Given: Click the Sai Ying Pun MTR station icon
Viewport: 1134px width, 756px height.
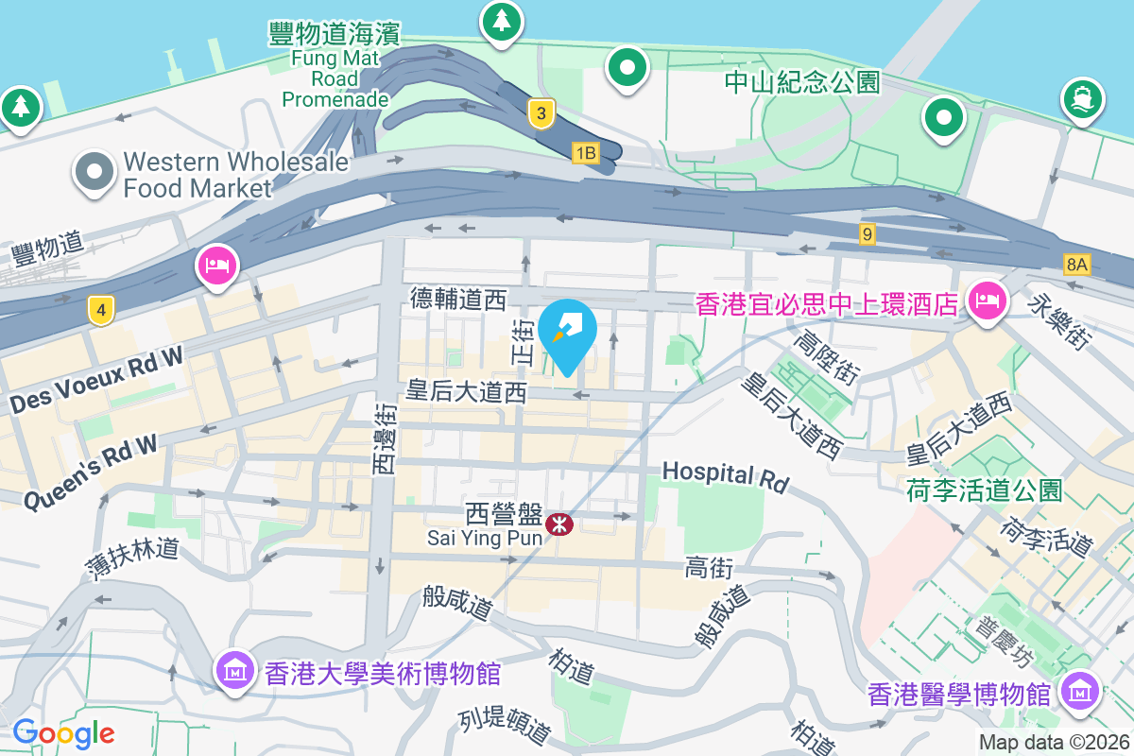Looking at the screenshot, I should (558, 523).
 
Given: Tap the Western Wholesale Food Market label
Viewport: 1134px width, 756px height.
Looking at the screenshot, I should (235, 175).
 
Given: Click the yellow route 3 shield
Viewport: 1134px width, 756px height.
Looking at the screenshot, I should (541, 114).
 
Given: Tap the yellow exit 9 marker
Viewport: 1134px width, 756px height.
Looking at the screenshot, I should (867, 232).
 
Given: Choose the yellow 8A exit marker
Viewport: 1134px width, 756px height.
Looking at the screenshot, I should (1076, 264).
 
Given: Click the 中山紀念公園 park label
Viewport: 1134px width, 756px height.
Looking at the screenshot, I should (802, 82).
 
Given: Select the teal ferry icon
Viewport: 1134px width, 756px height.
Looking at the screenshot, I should (1083, 98).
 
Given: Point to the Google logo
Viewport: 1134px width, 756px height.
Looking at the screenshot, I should (63, 733).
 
